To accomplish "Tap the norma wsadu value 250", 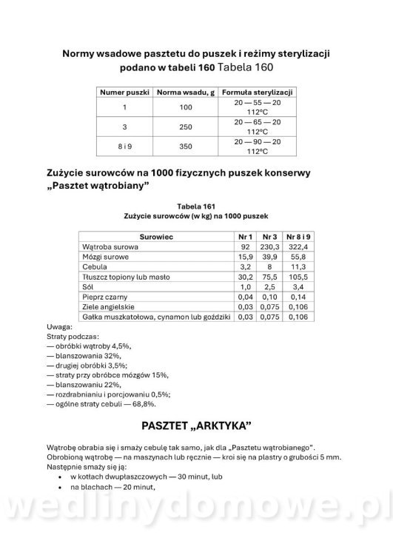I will [185, 127].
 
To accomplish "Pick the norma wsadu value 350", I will [185, 147].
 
